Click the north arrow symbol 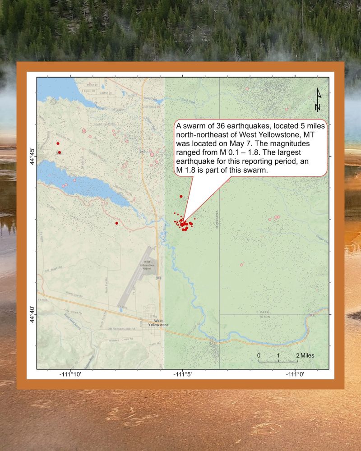coord(318,100)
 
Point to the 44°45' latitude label coord(32,156)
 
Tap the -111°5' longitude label coord(182,374)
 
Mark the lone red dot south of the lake coord(117,223)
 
